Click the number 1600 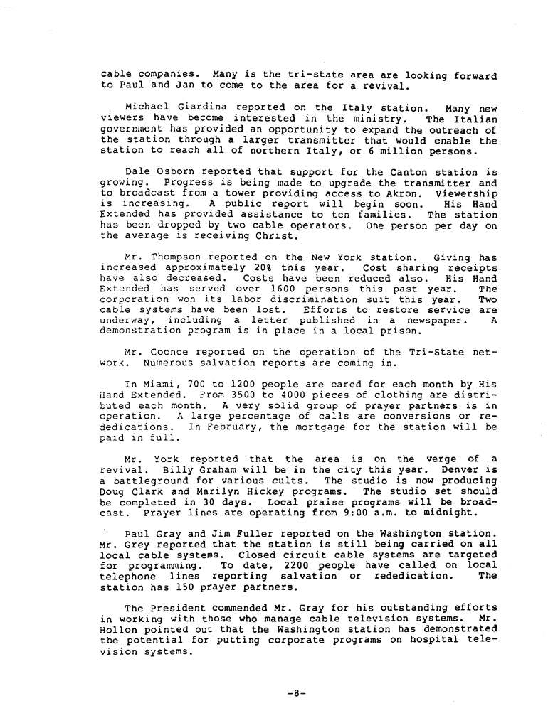tap(284, 289)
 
